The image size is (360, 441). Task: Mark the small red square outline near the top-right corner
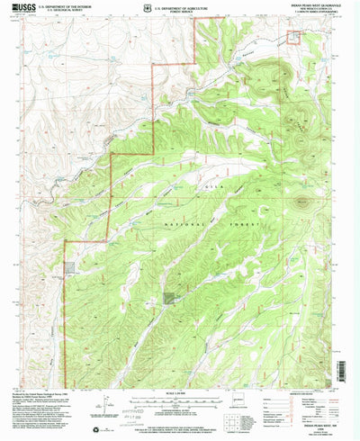click(x=293, y=37)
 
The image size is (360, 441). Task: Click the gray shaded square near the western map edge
click(x=71, y=267)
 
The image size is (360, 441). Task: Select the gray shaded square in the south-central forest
click(x=170, y=296)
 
